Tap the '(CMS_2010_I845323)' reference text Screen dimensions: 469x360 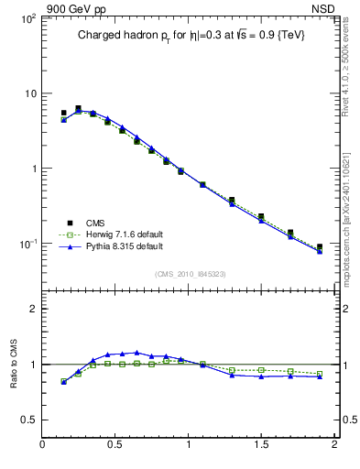185,273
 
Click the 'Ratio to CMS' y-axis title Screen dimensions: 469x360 13,365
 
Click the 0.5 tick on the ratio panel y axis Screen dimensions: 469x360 28,420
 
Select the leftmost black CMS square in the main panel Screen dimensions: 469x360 63,114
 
